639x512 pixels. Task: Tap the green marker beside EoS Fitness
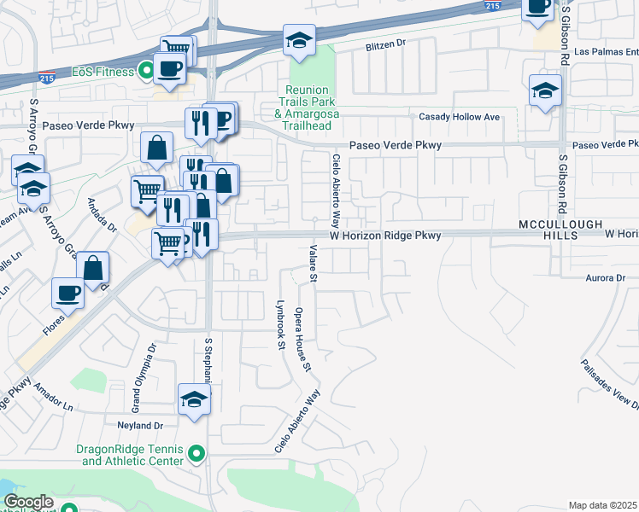tap(146, 72)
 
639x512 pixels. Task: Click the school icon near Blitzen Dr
tap(299, 41)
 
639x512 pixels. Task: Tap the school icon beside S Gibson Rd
tap(545, 92)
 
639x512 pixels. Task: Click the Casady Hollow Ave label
tap(459, 116)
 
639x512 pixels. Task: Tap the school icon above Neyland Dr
tap(194, 399)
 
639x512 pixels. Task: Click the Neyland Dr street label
tap(130, 424)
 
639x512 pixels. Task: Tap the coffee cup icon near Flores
tap(67, 293)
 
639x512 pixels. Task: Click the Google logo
tap(28, 502)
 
